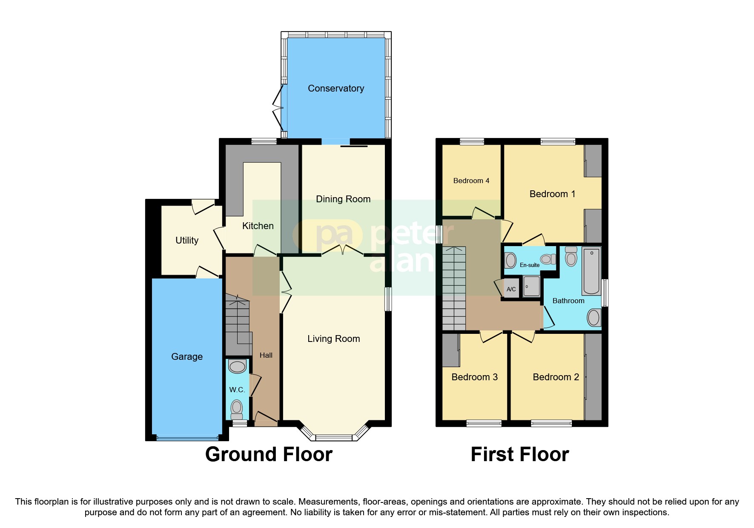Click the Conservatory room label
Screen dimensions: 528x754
pyautogui.click(x=336, y=89)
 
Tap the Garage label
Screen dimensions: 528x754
pyautogui.click(x=187, y=357)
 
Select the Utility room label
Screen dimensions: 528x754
pyautogui.click(x=187, y=241)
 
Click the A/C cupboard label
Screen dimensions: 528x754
pyautogui.click(x=511, y=289)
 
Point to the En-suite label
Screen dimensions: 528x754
pyautogui.click(x=530, y=265)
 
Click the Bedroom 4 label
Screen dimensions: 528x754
pyautogui.click(x=471, y=181)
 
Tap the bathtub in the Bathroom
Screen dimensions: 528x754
pyautogui.click(x=591, y=271)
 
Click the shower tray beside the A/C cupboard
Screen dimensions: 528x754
pyautogui.click(x=531, y=287)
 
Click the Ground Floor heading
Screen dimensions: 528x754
pyautogui.click(x=269, y=455)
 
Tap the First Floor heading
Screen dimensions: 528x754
pyautogui.click(x=519, y=455)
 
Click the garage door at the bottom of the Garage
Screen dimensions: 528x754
pyautogui.click(x=187, y=437)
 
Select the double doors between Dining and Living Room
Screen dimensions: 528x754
pyautogui.click(x=343, y=251)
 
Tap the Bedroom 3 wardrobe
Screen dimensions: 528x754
pyautogui.click(x=450, y=350)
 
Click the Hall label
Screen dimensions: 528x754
pyautogui.click(x=266, y=355)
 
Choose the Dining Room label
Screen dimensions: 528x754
pyautogui.click(x=343, y=199)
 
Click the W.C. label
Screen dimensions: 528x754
pyautogui.click(x=237, y=390)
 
